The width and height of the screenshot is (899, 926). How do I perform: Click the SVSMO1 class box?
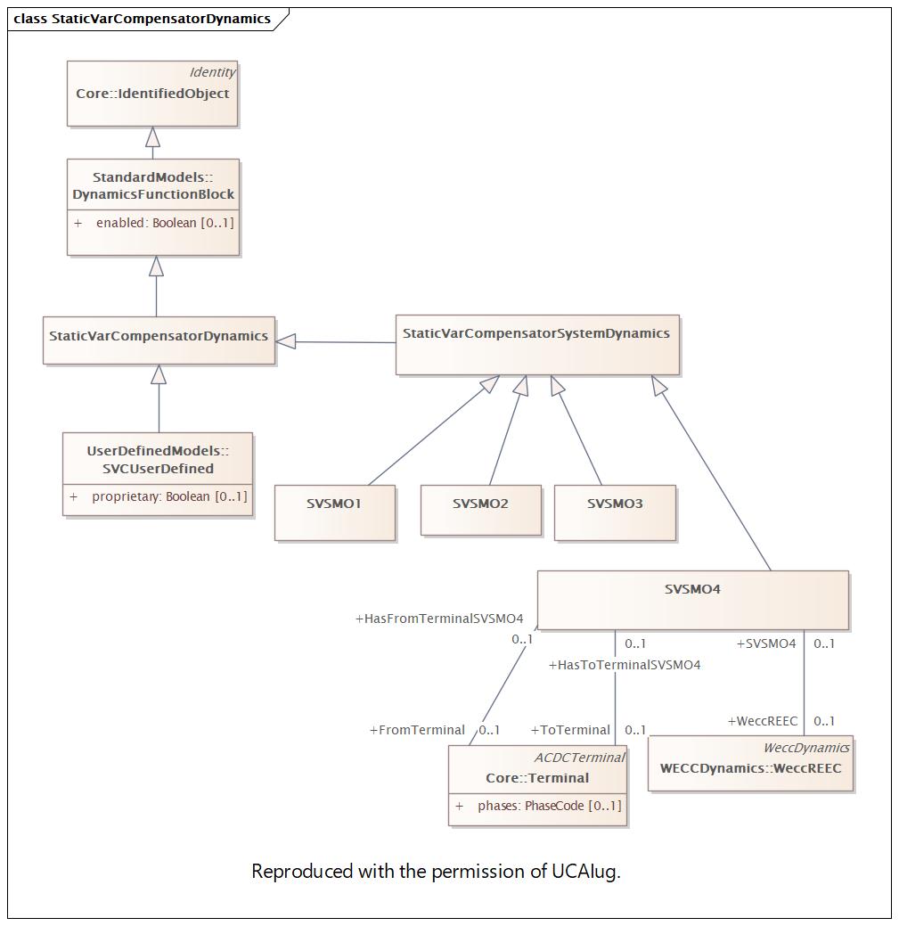335,512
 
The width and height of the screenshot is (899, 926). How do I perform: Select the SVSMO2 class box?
481,511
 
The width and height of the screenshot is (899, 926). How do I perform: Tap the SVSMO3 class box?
615,512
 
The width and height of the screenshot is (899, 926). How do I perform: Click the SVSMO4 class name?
692,589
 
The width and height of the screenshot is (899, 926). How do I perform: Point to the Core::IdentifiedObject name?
152,94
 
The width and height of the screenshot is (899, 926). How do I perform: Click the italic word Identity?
212,72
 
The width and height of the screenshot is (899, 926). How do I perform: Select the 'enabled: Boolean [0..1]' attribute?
166,223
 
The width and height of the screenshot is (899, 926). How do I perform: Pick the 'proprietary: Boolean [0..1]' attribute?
169,496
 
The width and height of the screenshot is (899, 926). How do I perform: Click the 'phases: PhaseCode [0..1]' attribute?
550,806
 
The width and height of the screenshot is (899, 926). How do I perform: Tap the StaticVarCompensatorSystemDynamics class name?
536,333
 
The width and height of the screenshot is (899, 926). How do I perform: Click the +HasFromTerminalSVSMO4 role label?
439,619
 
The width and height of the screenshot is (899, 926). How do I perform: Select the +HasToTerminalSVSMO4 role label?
625,665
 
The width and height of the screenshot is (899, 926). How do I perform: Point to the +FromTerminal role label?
417,730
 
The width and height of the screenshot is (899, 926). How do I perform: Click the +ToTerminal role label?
570,730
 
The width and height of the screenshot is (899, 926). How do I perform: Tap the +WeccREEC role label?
763,721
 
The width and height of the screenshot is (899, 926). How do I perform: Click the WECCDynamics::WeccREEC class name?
751,768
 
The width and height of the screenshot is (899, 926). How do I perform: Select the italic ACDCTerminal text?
579,757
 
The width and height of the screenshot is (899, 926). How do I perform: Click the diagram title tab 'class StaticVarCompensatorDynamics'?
143,19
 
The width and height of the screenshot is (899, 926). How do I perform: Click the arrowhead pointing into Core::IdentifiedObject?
153,137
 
